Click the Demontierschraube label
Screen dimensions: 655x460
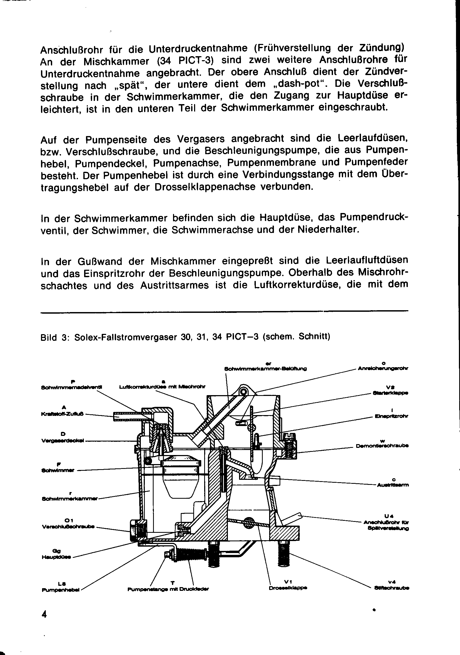[382, 446]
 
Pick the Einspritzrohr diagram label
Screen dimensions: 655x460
[392, 416]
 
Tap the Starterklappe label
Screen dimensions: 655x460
[391, 393]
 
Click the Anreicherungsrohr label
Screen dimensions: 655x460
[383, 368]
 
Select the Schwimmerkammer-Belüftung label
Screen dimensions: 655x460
[265, 369]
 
